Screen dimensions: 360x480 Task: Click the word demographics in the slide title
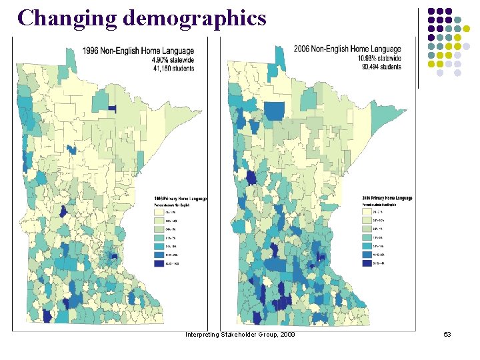pos(194,18)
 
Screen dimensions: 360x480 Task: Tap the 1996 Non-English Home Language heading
pos(138,50)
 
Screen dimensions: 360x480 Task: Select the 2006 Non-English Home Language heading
pos(347,49)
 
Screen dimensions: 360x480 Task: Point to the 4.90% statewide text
pos(176,59)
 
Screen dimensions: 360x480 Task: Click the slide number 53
pos(447,333)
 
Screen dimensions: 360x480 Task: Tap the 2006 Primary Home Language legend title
pos(387,198)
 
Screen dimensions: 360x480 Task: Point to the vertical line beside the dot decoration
pos(418,47)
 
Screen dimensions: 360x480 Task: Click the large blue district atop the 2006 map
pos(275,111)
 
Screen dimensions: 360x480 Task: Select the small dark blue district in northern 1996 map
pos(112,108)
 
